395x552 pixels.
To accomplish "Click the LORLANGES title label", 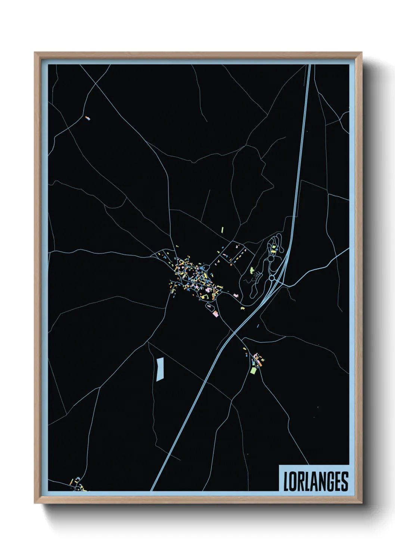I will pos(315,482).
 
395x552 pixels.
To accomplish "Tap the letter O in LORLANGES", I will pos(292,482).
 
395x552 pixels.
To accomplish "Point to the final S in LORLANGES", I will pos(345,482).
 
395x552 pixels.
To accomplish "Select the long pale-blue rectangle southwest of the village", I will pos(160,369).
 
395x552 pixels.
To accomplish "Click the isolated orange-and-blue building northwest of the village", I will pos(88,118).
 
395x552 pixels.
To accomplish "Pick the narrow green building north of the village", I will pos(222,229).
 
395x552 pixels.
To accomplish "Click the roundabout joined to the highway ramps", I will pos(271,278).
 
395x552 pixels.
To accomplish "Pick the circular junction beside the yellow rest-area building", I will pos(270,258).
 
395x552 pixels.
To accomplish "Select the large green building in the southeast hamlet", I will pos(253,371).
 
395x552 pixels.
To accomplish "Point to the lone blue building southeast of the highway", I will pos(258,326).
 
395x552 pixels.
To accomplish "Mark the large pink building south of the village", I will pos(215,314).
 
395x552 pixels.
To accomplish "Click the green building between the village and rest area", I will pos(252,270).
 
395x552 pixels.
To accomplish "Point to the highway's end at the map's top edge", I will pos(310,65).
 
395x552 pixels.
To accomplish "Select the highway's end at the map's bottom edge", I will pos(152,490).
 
